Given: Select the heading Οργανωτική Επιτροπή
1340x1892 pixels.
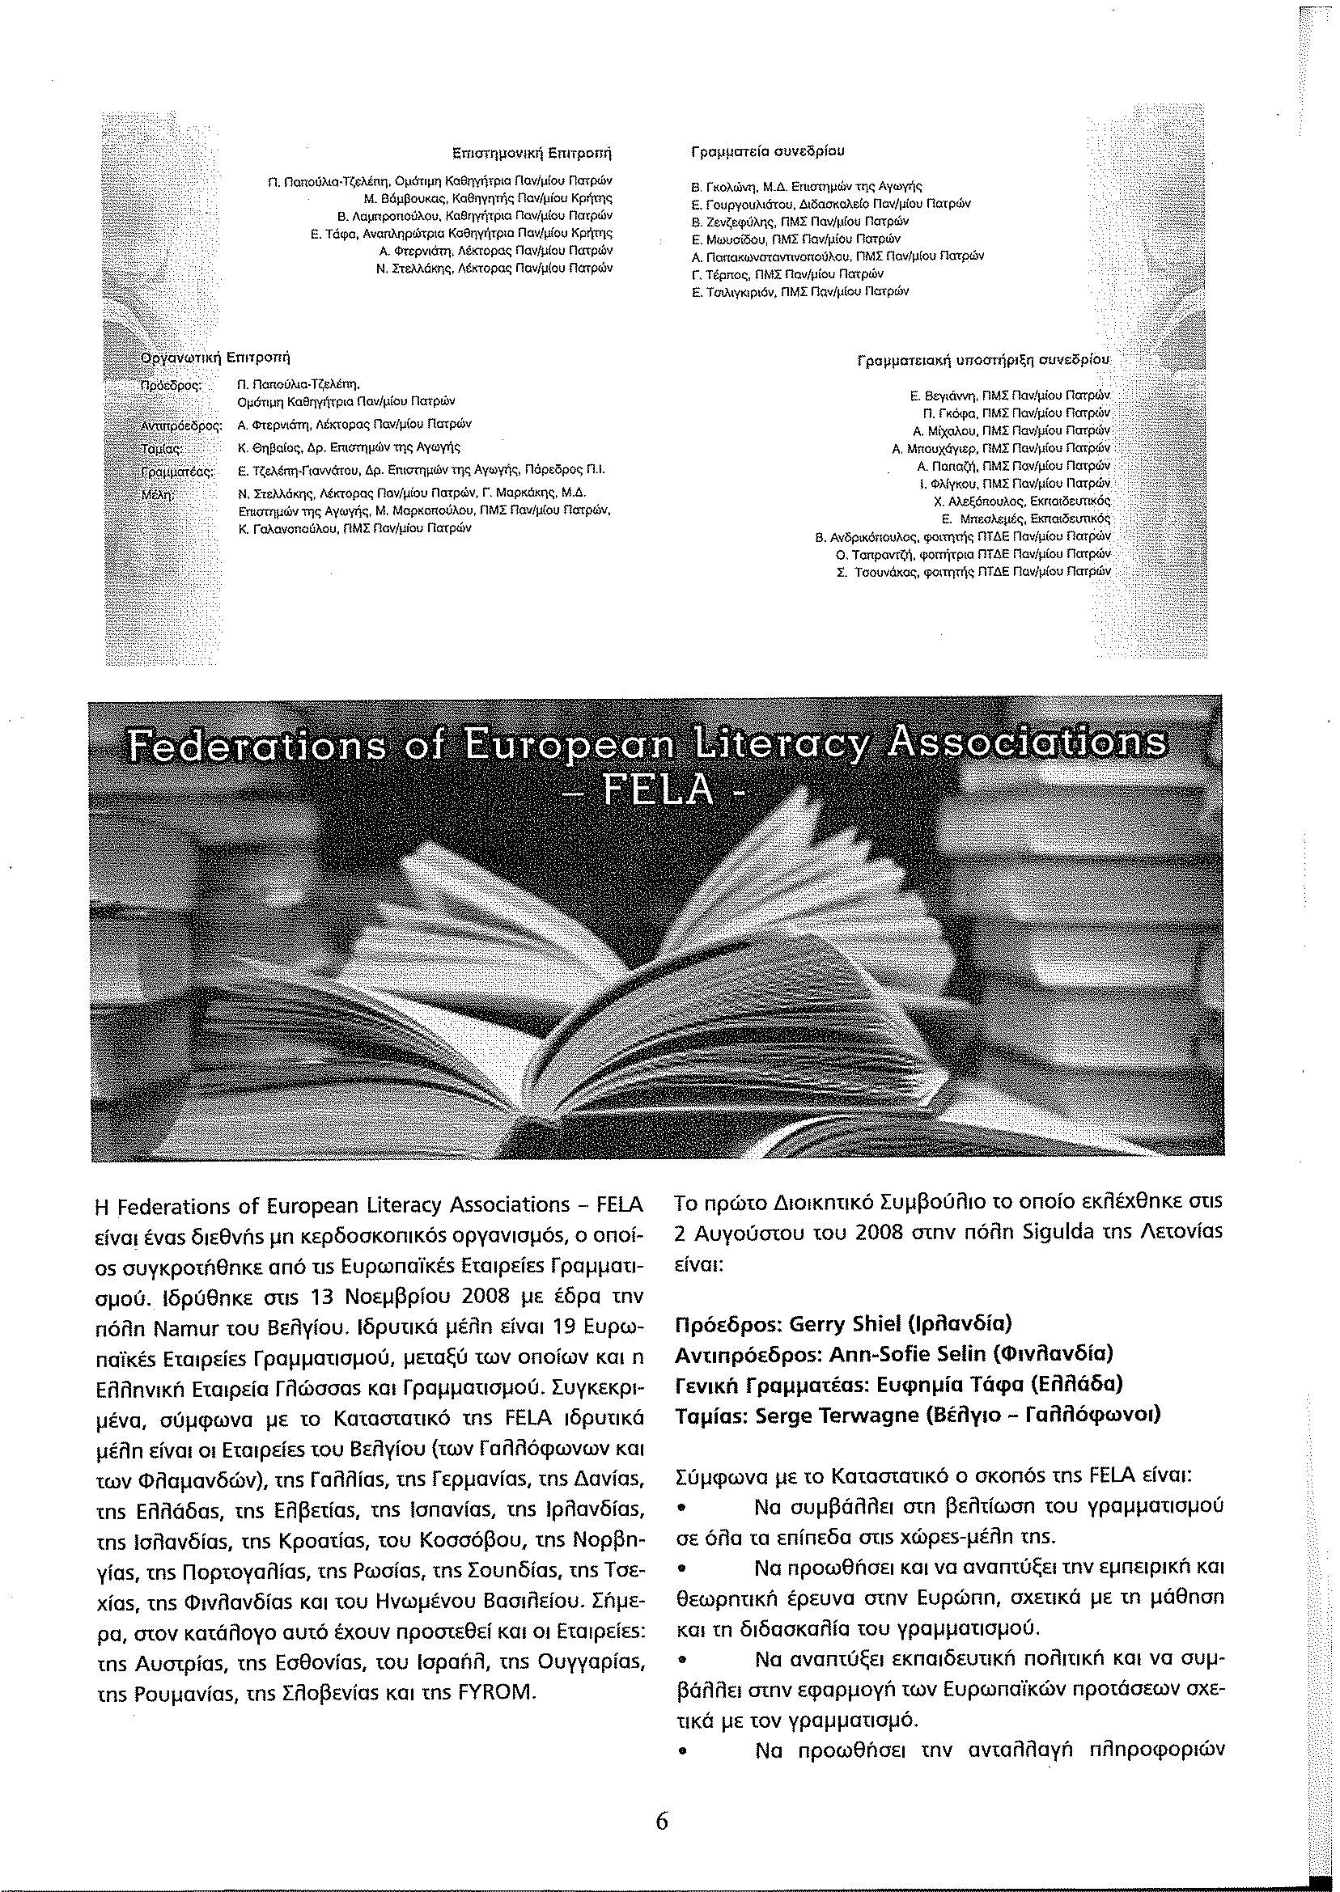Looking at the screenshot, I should pos(216,359).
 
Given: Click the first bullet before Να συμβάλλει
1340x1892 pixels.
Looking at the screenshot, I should pos(682,1509).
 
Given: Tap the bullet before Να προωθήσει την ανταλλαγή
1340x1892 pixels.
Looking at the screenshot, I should pos(682,1752).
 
